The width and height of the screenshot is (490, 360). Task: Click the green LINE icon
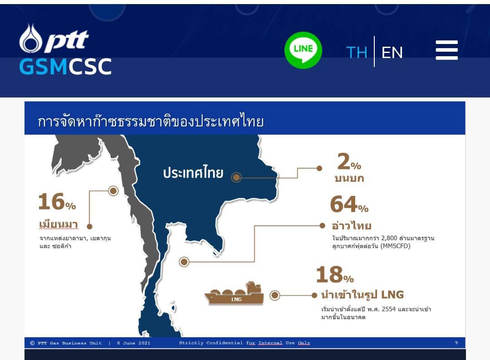point(303,50)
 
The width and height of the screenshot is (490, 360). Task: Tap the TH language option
point(357,53)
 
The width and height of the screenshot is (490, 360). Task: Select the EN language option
point(392,53)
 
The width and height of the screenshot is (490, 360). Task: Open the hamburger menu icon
point(446,50)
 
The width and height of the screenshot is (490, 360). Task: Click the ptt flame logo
point(30,39)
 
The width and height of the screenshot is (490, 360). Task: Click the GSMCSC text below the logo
point(65,67)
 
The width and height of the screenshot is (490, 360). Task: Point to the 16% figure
point(57,202)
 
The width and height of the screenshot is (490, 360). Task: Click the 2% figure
point(349,162)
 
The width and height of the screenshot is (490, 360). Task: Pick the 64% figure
point(349,204)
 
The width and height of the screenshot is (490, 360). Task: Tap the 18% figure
point(335,275)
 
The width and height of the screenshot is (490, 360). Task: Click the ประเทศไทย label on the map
point(193,173)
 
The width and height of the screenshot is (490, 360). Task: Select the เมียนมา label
point(59,224)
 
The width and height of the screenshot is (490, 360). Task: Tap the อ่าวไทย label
point(352,225)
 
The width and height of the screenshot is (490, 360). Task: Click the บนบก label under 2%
point(349,179)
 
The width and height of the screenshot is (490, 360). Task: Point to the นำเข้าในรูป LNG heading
point(363,294)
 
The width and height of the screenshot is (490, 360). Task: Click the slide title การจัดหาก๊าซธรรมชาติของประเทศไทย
point(151,121)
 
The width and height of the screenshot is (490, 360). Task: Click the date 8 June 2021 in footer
point(134,343)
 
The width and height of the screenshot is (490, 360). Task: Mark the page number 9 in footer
point(456,343)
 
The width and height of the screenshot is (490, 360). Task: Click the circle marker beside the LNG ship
point(274,295)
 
